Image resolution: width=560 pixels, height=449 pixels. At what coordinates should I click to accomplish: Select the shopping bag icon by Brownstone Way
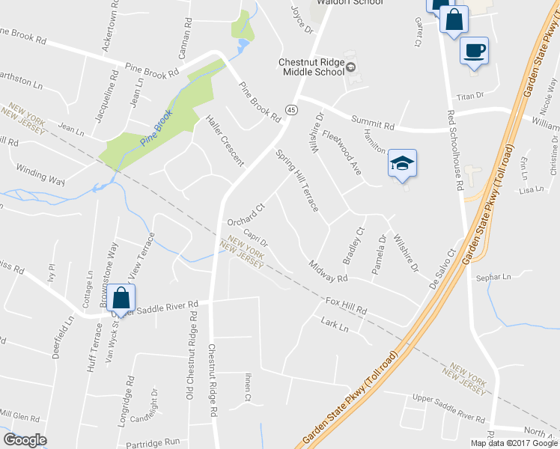pyautogui.click(x=121, y=298)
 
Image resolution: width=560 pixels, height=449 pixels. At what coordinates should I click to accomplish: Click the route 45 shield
pyautogui.click(x=292, y=110)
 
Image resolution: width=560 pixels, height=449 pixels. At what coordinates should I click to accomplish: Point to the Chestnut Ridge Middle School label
pyautogui.click(x=311, y=67)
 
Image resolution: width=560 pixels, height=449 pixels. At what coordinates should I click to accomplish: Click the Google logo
pyautogui.click(x=25, y=440)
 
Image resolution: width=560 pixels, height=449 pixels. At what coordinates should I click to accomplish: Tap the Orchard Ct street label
pyautogui.click(x=246, y=216)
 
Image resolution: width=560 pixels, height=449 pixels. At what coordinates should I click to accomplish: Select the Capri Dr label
pyautogui.click(x=255, y=245)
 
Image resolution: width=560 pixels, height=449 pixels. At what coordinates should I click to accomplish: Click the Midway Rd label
pyautogui.click(x=329, y=272)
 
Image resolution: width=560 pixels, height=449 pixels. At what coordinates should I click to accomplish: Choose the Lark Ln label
pyautogui.click(x=335, y=326)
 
